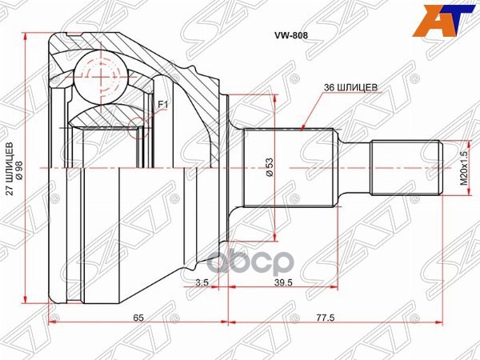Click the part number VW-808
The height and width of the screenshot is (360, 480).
click(x=290, y=35)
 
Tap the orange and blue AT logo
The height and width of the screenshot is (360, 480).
click(x=444, y=21)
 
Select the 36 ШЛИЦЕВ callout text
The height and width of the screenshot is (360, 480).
click(x=351, y=87)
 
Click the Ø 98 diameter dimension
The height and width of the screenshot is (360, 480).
click(x=19, y=168)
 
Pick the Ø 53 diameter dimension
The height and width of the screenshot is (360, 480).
click(x=270, y=167)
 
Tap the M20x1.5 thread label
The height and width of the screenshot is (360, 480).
click(x=464, y=168)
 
